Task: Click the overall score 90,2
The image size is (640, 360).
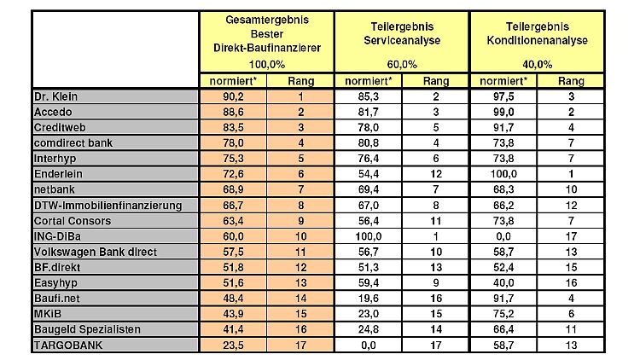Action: [233, 96]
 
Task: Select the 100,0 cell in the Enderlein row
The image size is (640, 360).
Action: [503, 173]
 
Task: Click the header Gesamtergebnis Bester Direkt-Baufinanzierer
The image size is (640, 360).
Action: [266, 35]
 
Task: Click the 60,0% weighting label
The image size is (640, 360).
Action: [402, 64]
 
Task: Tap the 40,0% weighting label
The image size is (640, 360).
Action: [537, 64]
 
